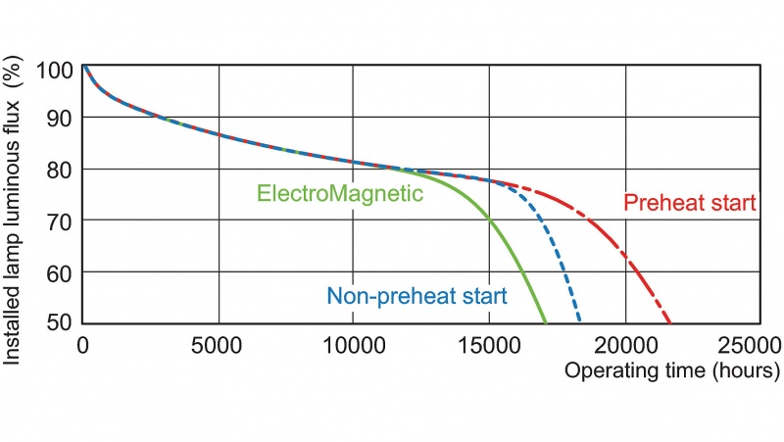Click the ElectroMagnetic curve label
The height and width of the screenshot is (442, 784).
[339, 194]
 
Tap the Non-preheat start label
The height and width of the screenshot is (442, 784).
[416, 296]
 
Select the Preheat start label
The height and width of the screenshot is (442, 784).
[690, 204]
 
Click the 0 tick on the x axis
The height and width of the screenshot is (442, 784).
[83, 345]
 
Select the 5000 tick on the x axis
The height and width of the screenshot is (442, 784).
[219, 345]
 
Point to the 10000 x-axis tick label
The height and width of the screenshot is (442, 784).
[354, 345]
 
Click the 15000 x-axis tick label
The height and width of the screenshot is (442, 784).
[489, 345]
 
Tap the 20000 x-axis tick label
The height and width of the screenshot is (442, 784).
[624, 345]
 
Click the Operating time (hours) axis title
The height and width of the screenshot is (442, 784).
[671, 371]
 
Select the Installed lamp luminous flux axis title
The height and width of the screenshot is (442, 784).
[15, 211]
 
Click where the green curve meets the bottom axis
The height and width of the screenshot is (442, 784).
[546, 322]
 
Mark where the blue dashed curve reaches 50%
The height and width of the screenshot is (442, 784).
[580, 322]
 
